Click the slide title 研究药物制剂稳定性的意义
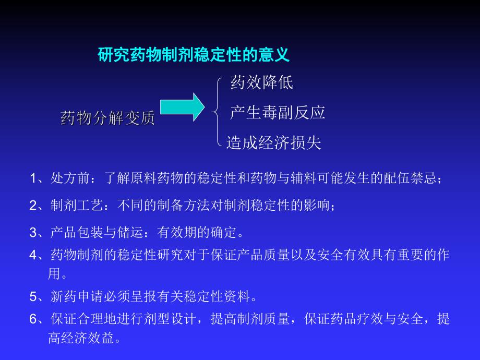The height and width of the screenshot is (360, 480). click(194, 55)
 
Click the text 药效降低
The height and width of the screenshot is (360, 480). click(261, 82)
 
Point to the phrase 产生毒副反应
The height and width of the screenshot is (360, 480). click(277, 112)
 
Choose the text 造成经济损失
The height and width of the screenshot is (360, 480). click(273, 142)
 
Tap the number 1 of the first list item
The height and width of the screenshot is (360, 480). click(33, 179)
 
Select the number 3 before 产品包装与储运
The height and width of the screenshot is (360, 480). click(33, 231)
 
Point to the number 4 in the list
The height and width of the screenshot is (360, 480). click(33, 255)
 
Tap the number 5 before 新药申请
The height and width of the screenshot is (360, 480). click(33, 297)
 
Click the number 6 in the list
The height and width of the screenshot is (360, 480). click(33, 319)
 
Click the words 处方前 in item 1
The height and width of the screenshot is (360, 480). click(67, 179)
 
